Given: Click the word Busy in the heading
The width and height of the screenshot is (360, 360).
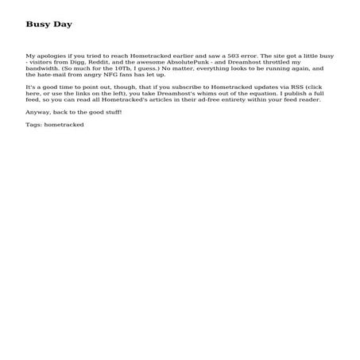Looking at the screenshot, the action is pyautogui.click(x=37, y=24).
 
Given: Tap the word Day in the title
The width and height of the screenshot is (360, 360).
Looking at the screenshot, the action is pyautogui.click(x=62, y=24).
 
